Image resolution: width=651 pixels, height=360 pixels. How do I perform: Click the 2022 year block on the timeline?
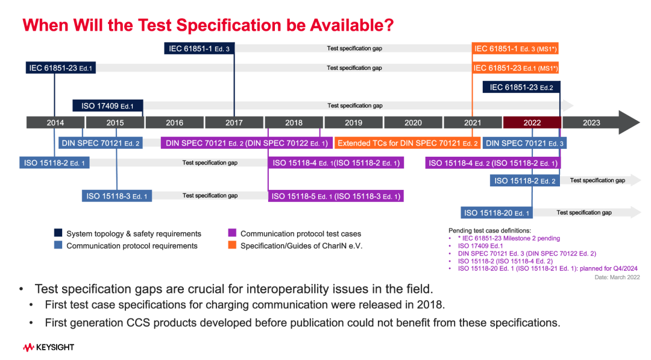pos(532,122)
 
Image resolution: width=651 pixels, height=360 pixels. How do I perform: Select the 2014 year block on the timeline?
pos(55,122)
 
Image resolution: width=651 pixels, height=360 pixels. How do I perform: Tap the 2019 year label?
pos(353,122)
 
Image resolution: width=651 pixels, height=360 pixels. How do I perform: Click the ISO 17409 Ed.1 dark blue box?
pos(108,106)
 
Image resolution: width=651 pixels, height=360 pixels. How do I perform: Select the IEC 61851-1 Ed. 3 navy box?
pos(200,49)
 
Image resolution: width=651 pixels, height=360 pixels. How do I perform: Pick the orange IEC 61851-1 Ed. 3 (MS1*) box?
pos(515,49)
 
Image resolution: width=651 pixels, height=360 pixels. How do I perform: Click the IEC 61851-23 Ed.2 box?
pos(521,87)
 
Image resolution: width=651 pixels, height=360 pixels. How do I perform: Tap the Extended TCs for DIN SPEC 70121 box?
pos(407,144)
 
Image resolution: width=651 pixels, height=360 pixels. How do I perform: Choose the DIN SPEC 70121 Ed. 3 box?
pos(524,144)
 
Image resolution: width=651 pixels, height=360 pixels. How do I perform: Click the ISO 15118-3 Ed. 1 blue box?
pos(117,196)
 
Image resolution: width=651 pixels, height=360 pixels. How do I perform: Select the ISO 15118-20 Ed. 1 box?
pos(497,213)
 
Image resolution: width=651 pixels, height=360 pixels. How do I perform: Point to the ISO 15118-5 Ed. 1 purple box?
pos(336,196)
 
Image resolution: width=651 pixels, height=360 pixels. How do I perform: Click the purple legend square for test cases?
pos(232,233)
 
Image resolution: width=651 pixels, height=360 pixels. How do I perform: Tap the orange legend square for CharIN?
pos(232,245)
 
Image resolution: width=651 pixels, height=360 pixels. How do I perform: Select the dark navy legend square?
pos(58,233)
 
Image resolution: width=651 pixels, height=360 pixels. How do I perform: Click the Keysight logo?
pos(49,347)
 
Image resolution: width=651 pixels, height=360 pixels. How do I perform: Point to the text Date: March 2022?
pos(617,277)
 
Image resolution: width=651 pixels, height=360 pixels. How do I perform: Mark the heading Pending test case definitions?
pos(489,230)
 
